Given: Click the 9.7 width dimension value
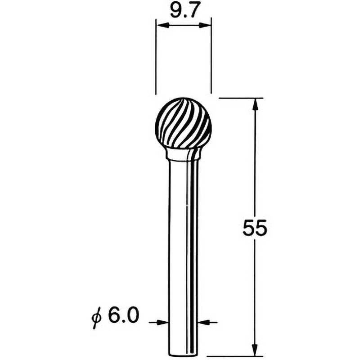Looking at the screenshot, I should click(183, 11).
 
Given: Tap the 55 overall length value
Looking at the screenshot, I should click(255, 229).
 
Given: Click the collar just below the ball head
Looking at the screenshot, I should click(183, 154).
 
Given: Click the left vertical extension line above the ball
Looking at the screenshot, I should click(155, 58).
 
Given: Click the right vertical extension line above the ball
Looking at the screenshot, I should click(211, 58).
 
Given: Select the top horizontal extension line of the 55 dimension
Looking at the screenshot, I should click(238, 98).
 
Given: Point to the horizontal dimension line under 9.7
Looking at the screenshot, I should click(183, 26).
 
